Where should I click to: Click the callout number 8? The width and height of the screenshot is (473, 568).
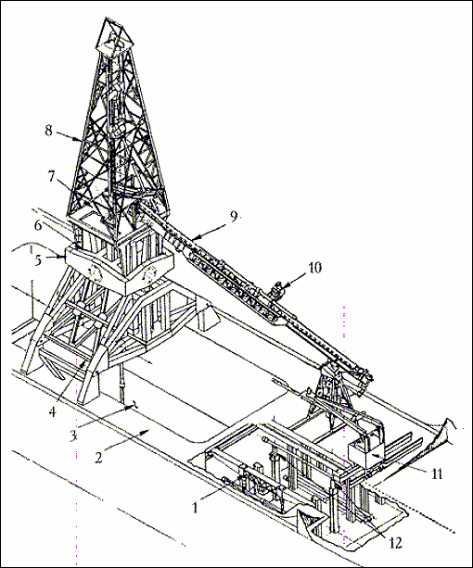pyautogui.click(x=48, y=131)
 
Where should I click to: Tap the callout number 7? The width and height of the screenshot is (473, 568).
pyautogui.click(x=51, y=176)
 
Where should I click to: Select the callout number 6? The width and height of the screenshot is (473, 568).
pyautogui.click(x=38, y=225)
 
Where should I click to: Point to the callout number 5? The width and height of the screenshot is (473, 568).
pyautogui.click(x=38, y=260)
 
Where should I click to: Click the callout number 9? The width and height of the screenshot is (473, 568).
pyautogui.click(x=234, y=216)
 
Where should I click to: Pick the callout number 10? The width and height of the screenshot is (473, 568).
pyautogui.click(x=315, y=268)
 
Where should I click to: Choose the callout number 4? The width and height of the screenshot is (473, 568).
pyautogui.click(x=53, y=411)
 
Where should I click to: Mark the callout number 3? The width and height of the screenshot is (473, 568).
pyautogui.click(x=73, y=435)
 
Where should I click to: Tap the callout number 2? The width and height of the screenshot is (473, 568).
pyautogui.click(x=98, y=458)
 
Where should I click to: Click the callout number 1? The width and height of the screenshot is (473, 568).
pyautogui.click(x=195, y=508)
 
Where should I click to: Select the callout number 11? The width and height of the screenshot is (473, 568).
pyautogui.click(x=437, y=473)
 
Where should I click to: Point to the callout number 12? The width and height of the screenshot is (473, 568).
pyautogui.click(x=395, y=542)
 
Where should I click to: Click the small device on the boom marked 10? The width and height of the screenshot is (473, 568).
pyautogui.click(x=278, y=290)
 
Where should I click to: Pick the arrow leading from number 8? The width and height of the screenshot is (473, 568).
pyautogui.click(x=69, y=138)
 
